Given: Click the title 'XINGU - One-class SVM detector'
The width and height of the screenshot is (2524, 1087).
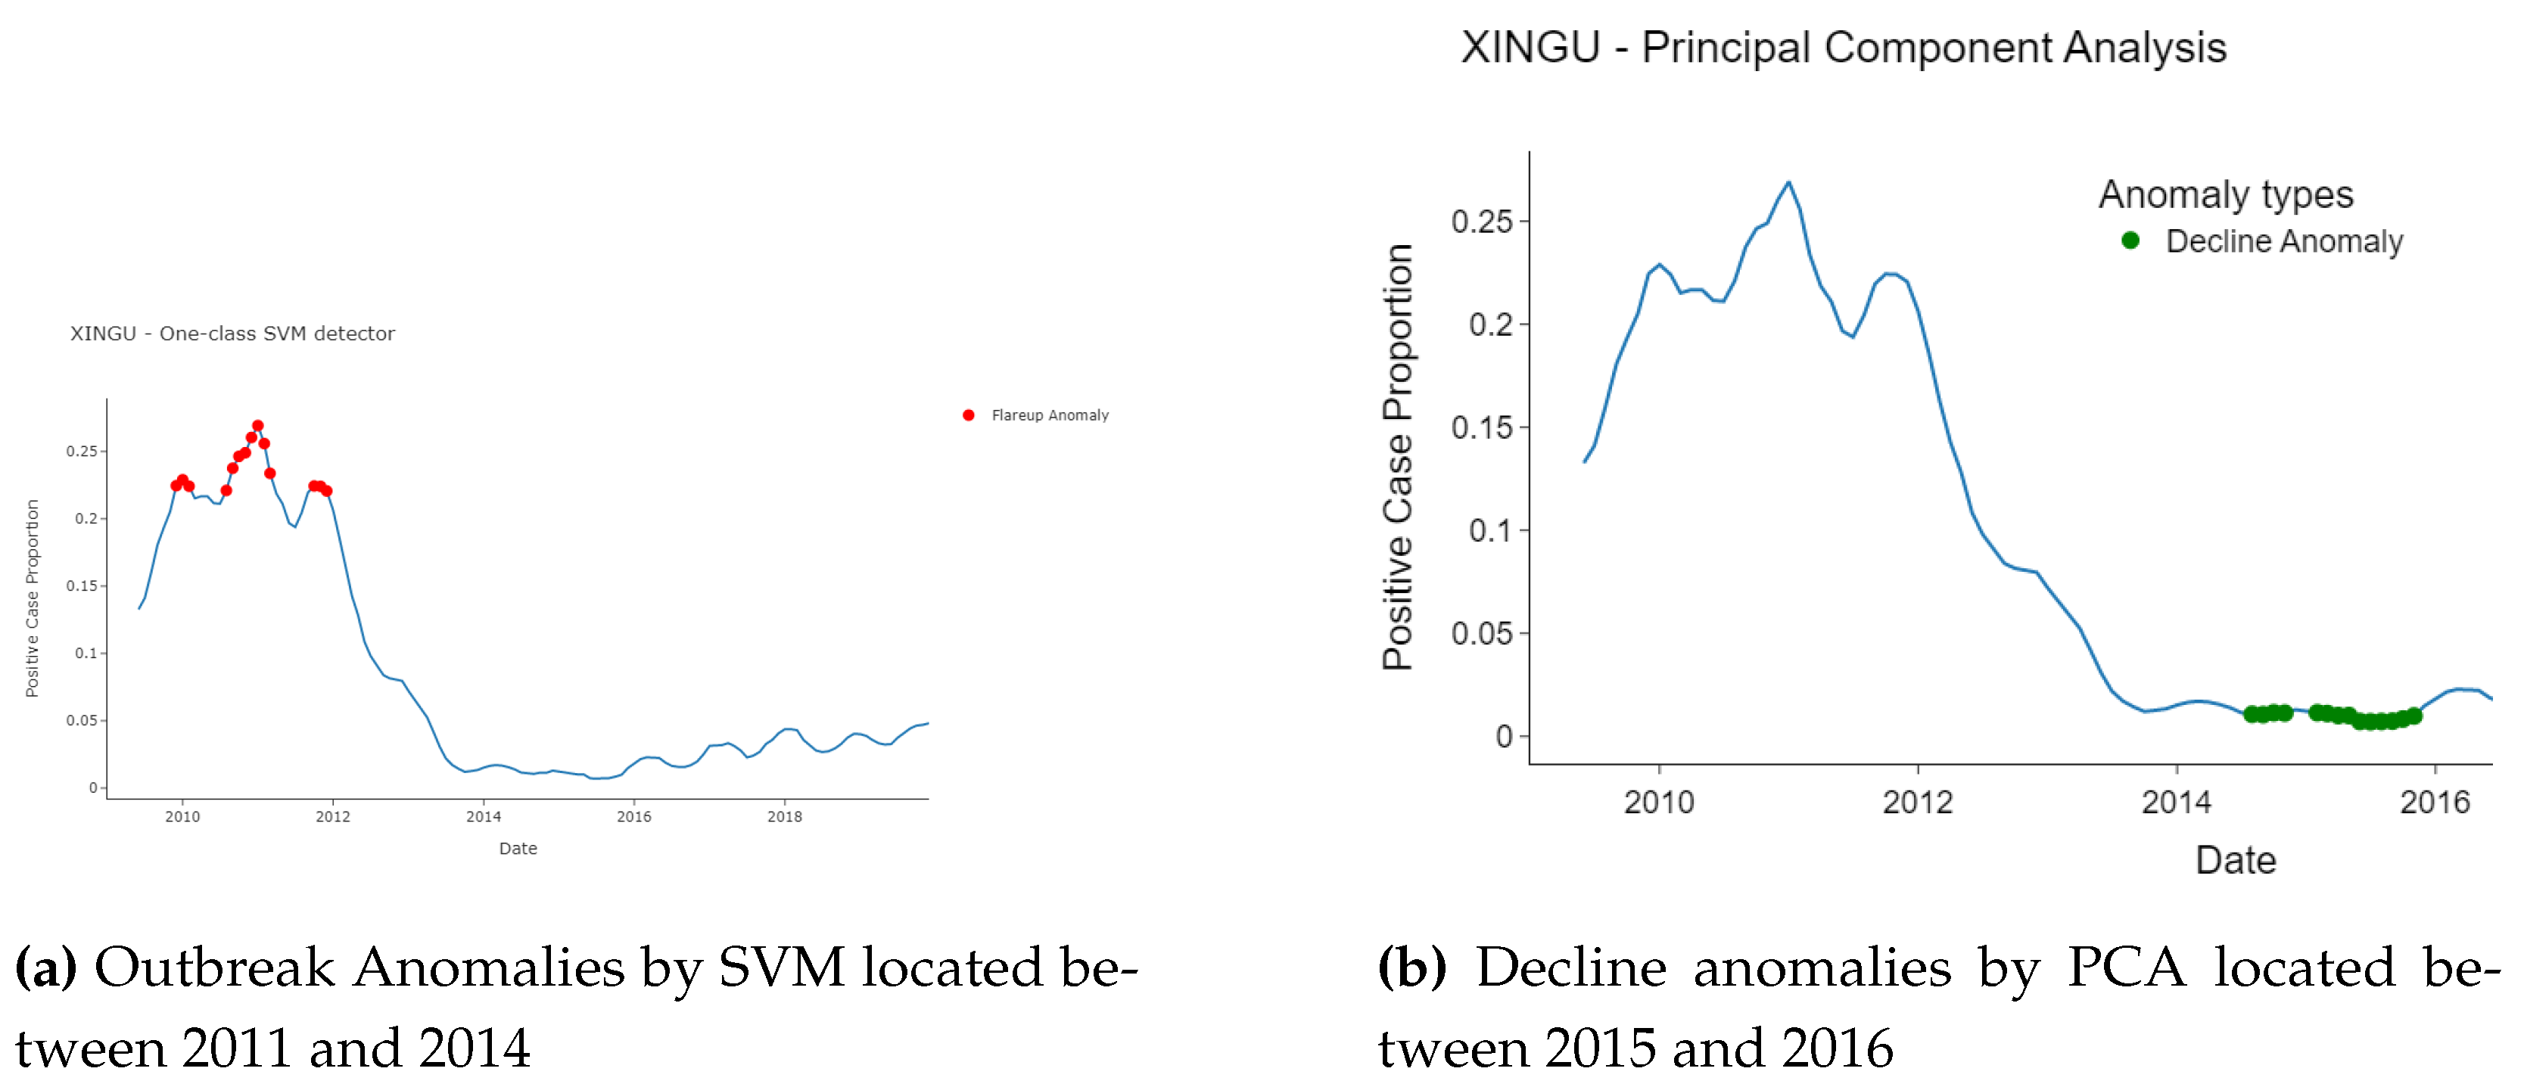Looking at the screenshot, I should coord(232,334).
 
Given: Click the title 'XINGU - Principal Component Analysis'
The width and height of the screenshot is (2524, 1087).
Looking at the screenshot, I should coord(1843,47).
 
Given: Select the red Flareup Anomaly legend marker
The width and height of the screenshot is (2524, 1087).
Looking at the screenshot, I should coord(968,415).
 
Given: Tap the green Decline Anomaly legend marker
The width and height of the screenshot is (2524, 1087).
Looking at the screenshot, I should coord(2130,240).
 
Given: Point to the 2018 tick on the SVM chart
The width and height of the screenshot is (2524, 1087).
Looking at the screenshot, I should coord(784,815).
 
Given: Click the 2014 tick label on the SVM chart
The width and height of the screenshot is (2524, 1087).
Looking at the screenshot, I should coord(483,815).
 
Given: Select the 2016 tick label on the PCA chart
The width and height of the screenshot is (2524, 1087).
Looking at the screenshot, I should coord(2434,802).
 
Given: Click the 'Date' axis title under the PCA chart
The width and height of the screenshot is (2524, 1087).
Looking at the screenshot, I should coord(2235,860).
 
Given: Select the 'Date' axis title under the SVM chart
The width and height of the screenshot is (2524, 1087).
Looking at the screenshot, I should coord(518,848).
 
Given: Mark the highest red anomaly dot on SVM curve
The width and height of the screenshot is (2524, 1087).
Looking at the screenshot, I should coord(257,426).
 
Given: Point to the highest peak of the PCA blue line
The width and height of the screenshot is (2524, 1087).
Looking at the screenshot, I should coord(1788,182).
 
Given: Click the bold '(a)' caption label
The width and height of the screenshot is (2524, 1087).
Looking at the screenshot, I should coord(45,967).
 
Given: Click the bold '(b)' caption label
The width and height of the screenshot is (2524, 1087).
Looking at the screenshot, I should coord(1412,967).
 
